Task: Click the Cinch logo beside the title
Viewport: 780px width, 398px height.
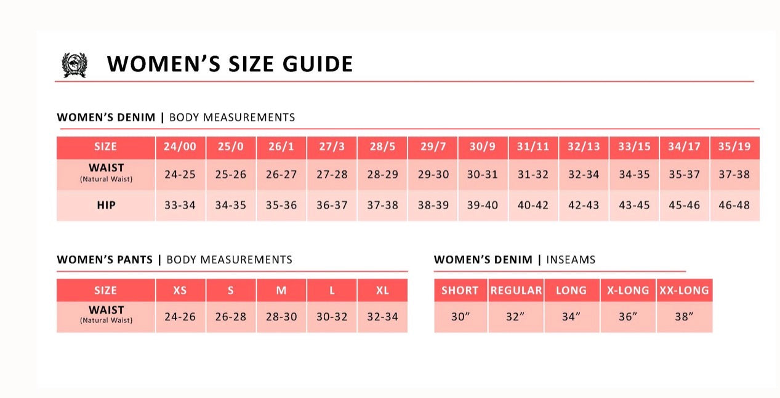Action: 74,65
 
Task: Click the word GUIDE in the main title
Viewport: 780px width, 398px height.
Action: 318,64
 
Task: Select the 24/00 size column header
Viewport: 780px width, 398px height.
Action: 180,146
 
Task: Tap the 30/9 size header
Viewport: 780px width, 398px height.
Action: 482,146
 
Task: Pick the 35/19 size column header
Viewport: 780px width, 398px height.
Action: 734,146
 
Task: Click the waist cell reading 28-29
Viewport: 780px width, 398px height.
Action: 383,174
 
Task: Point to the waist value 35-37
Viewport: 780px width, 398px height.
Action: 684,174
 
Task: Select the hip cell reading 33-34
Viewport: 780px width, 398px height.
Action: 180,205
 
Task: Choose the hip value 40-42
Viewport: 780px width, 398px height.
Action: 533,205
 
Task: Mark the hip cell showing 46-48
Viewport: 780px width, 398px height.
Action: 734,205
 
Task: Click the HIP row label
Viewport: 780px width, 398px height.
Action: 107,205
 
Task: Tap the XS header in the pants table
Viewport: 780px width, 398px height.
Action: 180,290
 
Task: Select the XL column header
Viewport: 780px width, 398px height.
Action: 382,290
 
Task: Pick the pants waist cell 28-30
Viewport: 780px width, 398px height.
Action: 281,317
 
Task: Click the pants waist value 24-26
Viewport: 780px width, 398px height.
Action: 180,317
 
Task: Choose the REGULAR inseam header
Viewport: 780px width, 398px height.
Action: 516,290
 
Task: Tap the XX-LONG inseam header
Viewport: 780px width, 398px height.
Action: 684,290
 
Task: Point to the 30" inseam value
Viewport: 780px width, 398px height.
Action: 460,317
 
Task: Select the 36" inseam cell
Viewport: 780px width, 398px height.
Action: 628,317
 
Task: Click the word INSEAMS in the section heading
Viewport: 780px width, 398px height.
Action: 571,260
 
